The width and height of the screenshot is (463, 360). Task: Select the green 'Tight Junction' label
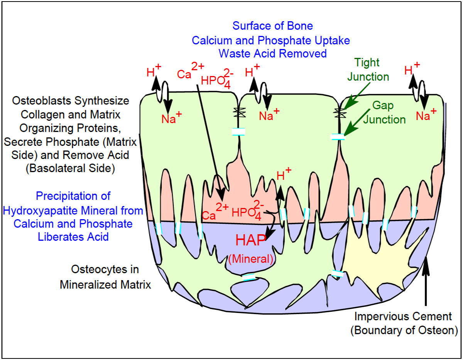click(x=368, y=69)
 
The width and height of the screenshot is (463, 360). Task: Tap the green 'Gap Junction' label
click(x=389, y=112)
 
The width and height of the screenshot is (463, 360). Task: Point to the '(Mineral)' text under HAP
click(x=251, y=259)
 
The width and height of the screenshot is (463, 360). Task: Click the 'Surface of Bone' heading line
click(x=272, y=26)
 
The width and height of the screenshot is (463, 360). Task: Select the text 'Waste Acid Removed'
click(x=272, y=53)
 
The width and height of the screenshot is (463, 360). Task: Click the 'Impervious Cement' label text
click(x=404, y=317)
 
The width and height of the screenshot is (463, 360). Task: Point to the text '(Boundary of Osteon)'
click(x=404, y=331)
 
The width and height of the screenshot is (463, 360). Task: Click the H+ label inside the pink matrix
click(x=284, y=175)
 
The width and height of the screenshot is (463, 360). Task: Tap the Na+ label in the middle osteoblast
click(x=269, y=114)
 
